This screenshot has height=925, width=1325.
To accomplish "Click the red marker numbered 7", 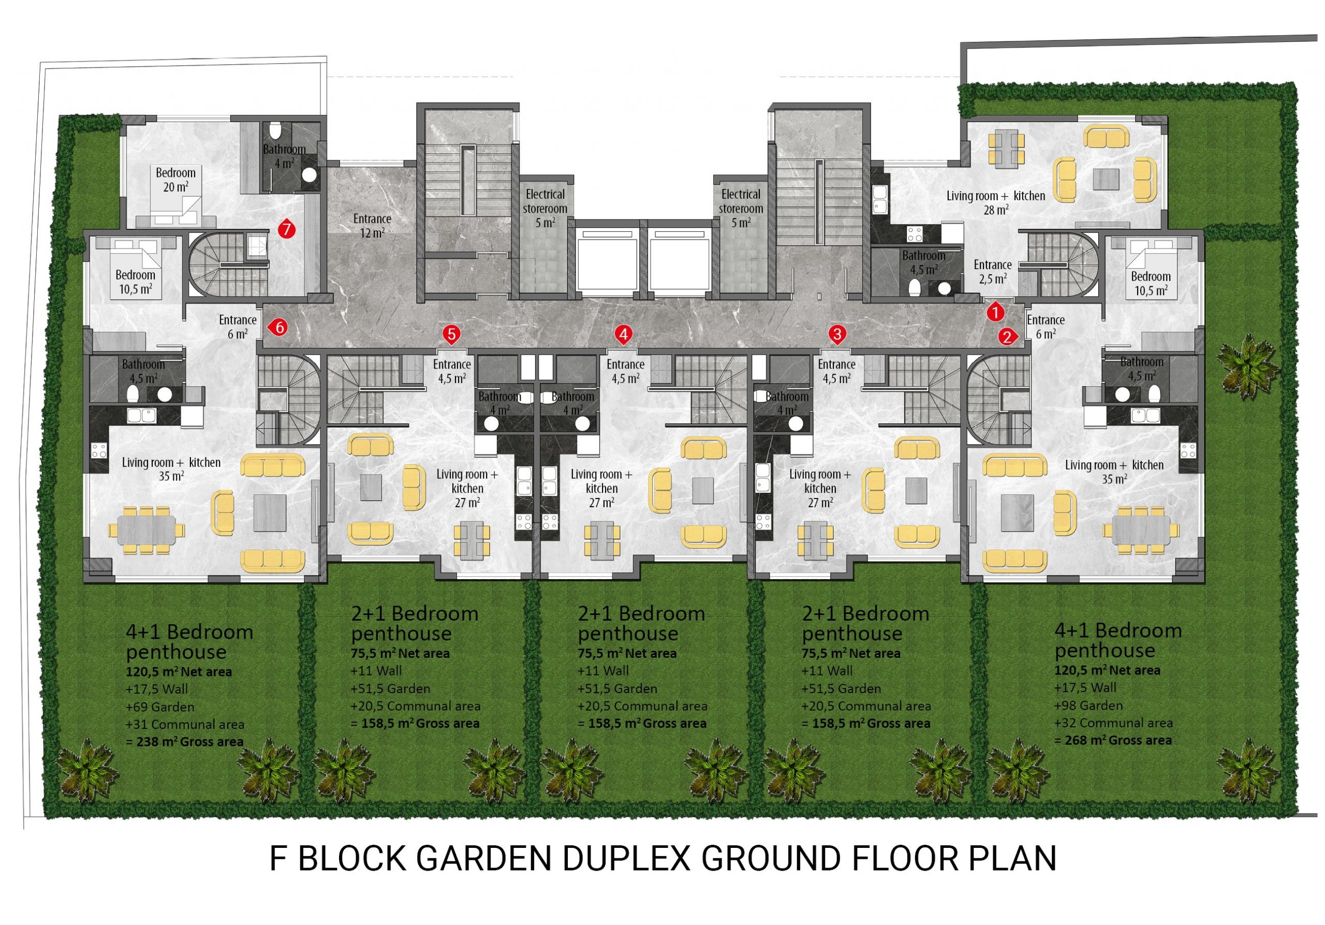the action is tap(286, 230).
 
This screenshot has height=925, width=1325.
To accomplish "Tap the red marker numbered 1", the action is tap(995, 312).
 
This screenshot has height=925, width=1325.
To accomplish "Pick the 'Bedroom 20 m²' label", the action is tap(175, 180).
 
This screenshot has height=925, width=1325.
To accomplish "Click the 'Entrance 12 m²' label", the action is tap(372, 226).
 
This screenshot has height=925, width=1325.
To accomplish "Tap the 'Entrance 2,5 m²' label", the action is tap(993, 271).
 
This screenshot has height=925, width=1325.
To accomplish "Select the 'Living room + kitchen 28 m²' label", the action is tap(995, 202).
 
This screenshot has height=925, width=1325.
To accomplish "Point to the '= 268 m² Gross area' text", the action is tap(1113, 740).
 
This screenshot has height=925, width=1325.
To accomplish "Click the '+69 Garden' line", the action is tap(160, 706).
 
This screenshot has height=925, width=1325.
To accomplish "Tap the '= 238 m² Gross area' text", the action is tap(185, 741).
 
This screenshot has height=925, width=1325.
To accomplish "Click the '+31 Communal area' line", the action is tap(185, 724).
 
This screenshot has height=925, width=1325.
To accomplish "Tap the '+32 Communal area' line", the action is tap(1113, 723).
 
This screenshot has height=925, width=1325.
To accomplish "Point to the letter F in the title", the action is tap(278, 858).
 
